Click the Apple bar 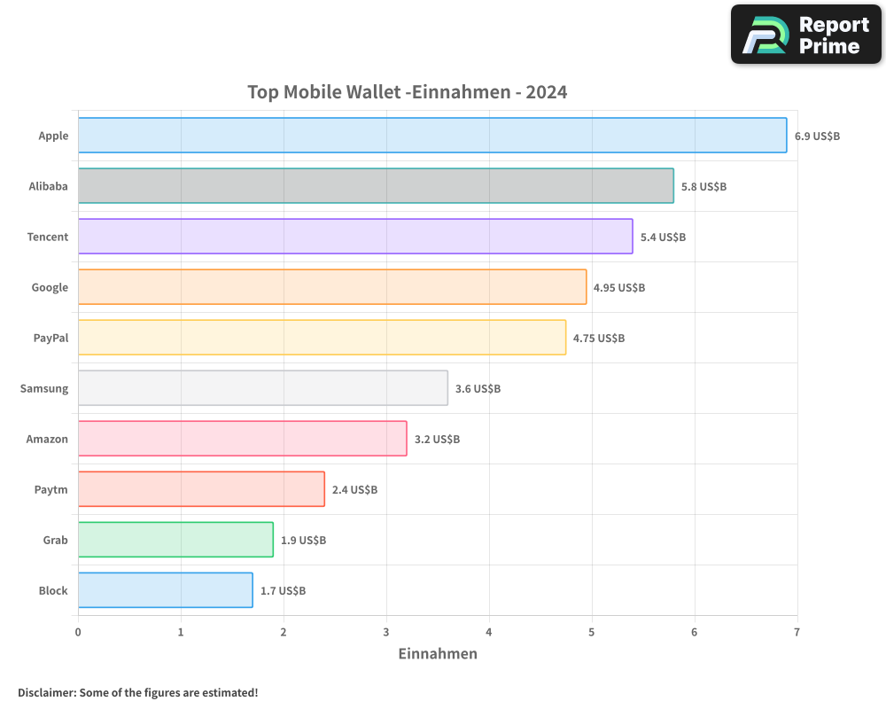tap(432, 136)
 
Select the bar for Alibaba tap(376, 186)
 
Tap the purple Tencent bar tap(355, 237)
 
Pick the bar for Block tap(165, 590)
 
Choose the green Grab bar tap(175, 540)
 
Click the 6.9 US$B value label tap(817, 136)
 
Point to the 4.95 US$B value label tap(619, 288)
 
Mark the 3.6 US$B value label tap(478, 389)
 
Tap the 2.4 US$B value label tap(354, 490)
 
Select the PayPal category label tap(51, 338)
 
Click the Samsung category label tap(44, 388)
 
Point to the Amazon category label tap(47, 439)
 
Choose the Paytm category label tap(51, 489)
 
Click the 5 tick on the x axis tap(592, 632)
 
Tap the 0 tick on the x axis tap(78, 632)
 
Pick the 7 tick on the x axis tap(797, 632)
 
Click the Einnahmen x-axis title tap(438, 654)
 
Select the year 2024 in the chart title tap(546, 92)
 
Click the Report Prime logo tap(805, 35)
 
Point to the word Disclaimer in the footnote tap(46, 692)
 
